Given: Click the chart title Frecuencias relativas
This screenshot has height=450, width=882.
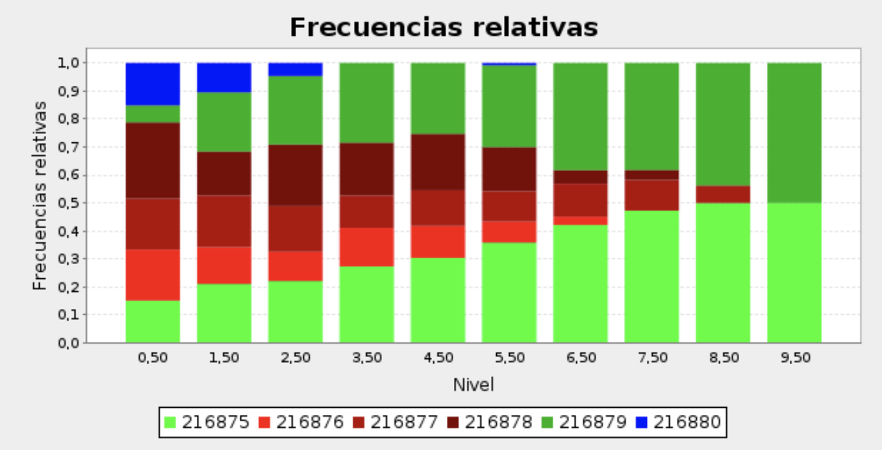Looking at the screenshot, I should (x=443, y=28).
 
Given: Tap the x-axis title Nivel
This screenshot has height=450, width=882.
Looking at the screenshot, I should (x=473, y=385).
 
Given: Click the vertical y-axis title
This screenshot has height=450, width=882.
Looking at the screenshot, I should (x=40, y=195).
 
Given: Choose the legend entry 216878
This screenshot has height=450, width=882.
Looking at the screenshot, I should (x=490, y=422).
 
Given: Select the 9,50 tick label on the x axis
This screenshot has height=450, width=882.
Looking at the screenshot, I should (x=794, y=358).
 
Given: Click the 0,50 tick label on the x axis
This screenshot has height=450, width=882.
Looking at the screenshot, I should (x=153, y=358).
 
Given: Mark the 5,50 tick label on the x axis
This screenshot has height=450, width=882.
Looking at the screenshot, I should (x=509, y=358).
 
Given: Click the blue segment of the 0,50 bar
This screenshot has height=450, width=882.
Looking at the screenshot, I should (x=153, y=83).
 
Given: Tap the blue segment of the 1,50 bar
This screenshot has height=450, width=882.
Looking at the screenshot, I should (x=224, y=77).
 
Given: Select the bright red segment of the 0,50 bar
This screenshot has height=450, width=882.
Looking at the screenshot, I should (x=153, y=274).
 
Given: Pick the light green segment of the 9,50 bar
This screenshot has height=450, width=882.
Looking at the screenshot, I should (x=794, y=272).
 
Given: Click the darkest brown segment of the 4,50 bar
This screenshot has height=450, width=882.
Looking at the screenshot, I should (x=438, y=162).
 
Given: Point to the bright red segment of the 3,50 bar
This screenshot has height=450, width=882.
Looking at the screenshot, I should (x=366, y=246).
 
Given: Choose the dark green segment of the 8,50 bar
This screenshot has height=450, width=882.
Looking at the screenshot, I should (x=723, y=124).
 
